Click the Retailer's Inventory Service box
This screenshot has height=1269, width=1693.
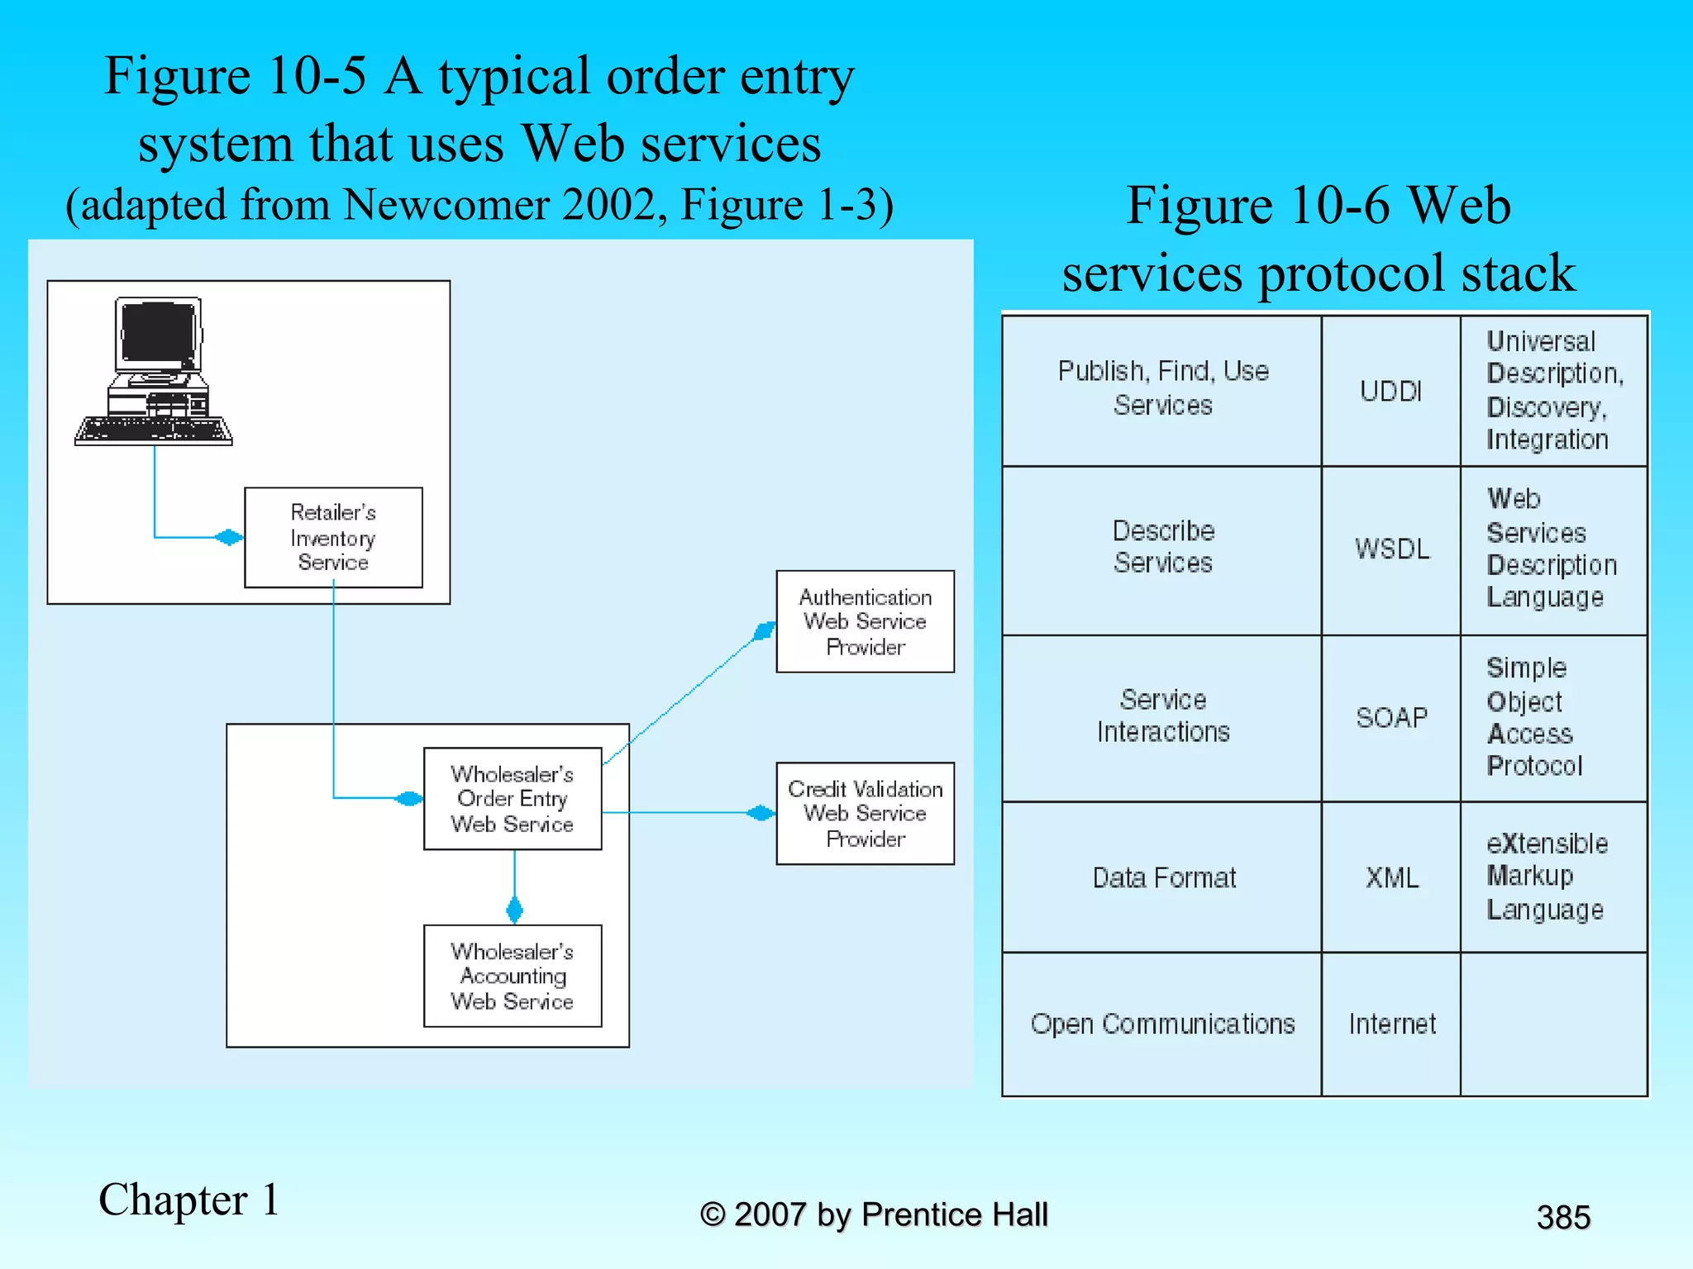coord(333,537)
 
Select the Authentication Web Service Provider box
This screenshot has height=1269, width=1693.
coord(865,621)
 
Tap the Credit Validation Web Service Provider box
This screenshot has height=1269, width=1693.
coord(865,814)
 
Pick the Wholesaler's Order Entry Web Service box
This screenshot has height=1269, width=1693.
coord(513,799)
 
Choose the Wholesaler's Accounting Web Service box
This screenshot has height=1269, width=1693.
coord(513,976)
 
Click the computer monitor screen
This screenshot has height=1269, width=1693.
coord(158,333)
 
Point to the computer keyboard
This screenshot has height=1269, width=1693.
coord(154,430)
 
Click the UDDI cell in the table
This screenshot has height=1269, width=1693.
coord(1390,391)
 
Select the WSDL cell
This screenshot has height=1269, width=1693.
coord(1390,549)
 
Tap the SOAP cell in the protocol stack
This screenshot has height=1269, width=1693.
coord(1390,717)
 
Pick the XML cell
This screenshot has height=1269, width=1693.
coord(1390,877)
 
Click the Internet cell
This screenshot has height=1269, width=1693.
coord(1390,1024)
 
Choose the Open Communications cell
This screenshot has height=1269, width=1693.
coord(1161,1024)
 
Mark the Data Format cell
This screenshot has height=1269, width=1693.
coord(1161,877)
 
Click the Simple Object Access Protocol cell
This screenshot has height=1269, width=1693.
coord(1552,717)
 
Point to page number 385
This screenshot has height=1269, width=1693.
coord(1562,1217)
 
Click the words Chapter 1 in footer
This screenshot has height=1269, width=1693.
coord(188,1200)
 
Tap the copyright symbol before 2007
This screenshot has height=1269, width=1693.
coord(713,1214)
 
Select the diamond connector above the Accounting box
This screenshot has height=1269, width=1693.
coord(514,910)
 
